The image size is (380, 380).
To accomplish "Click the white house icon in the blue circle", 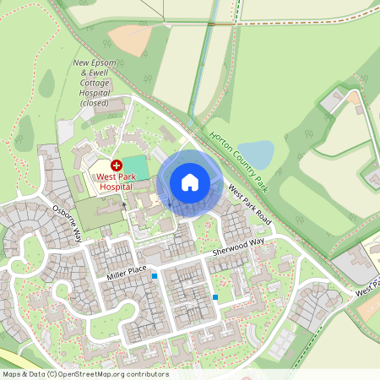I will tap(190, 182).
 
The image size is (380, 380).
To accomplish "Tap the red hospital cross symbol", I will tap(117, 166).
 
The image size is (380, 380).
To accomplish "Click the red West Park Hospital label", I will tap(116, 181).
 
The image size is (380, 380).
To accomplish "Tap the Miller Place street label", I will tap(127, 271).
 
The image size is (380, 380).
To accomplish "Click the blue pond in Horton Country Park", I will tap(258, 154).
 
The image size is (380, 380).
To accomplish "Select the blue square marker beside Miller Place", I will tap(155, 275).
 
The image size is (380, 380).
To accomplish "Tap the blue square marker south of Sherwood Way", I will tap(216, 297).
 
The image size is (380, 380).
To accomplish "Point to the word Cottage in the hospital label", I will tap(95, 83).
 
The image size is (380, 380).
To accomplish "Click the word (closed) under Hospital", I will tap(95, 103).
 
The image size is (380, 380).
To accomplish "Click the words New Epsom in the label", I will tap(94, 62).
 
